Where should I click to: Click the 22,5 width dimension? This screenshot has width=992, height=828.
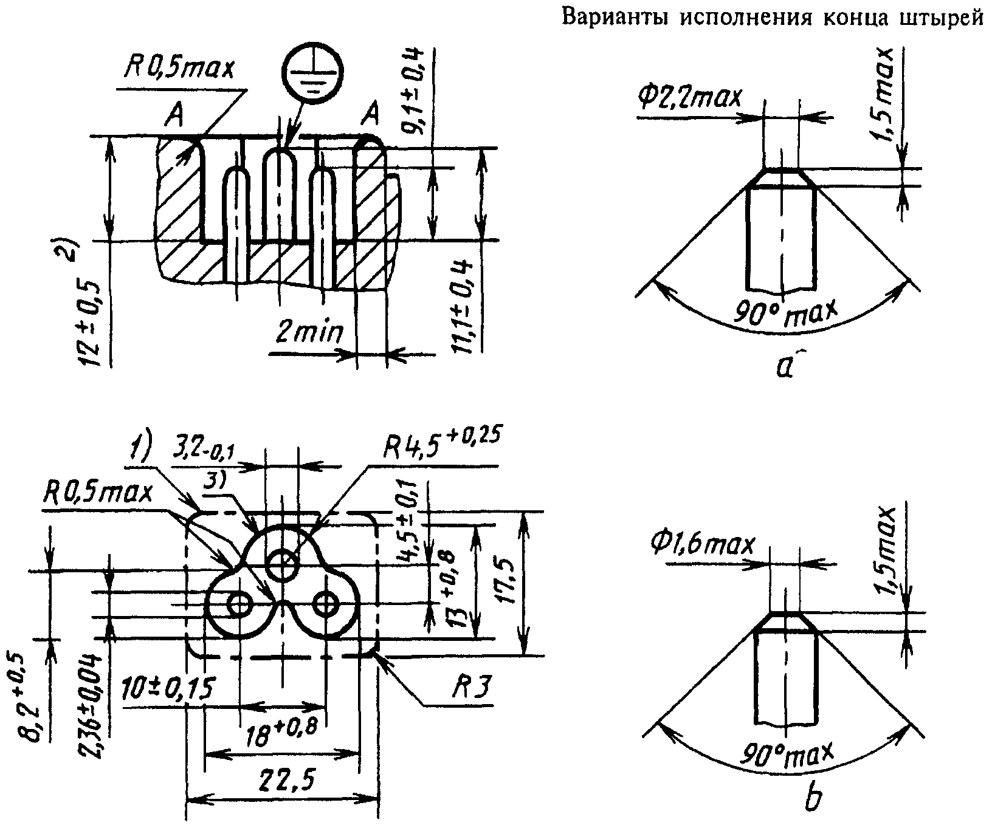tap(284, 778)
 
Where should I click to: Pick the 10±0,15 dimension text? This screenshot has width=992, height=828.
tap(168, 689)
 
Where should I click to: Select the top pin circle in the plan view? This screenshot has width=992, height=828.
tap(283, 564)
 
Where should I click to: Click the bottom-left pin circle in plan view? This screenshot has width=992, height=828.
tap(241, 604)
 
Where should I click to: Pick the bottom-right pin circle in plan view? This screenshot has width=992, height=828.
tap(327, 604)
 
